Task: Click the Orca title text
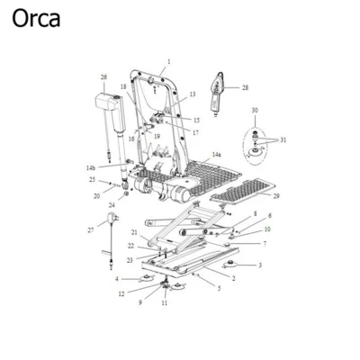click(36, 19)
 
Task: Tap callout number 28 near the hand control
click(245, 87)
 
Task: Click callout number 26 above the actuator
click(103, 77)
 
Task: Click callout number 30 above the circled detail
click(255, 110)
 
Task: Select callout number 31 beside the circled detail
click(283, 139)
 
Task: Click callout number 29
click(275, 196)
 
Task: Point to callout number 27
click(90, 230)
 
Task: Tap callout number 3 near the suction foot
click(260, 265)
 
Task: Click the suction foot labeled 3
click(234, 265)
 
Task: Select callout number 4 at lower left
click(116, 280)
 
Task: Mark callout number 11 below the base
click(165, 303)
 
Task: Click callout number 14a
click(216, 156)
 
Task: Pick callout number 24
click(112, 205)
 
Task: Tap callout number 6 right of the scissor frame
click(269, 216)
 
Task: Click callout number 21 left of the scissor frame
click(134, 232)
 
